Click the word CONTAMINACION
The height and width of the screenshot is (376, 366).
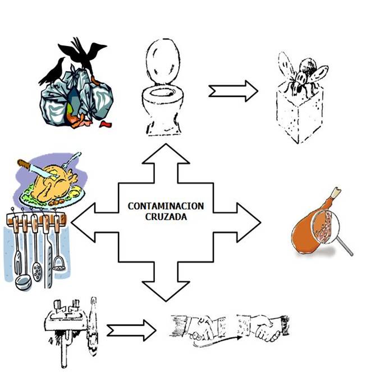click(166, 206)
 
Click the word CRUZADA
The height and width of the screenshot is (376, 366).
click(166, 216)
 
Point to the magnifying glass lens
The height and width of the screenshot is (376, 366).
click(323, 228)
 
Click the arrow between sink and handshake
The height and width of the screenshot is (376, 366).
click(131, 328)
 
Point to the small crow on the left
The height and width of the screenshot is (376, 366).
click(54, 70)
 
